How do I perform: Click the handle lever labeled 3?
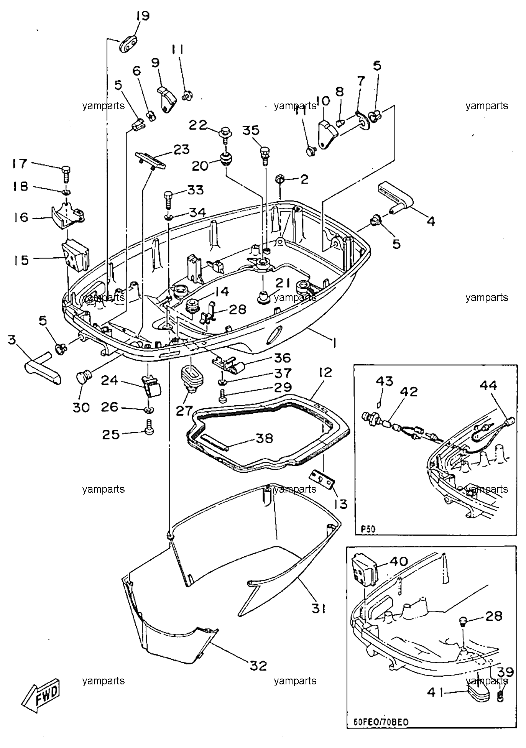[43, 368]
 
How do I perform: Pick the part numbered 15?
[76, 255]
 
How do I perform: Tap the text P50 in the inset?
[368, 529]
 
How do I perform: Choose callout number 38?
[265, 438]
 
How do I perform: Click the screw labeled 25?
[150, 428]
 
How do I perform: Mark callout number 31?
[319, 608]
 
